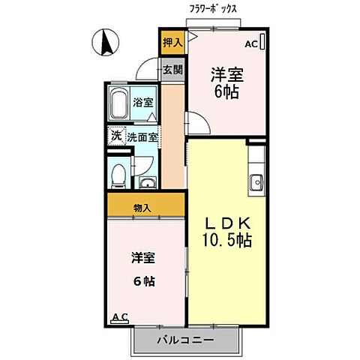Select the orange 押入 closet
tap(172, 43)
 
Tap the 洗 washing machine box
tap(116, 137)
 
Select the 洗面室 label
tap(142, 138)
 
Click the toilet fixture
tap(118, 175)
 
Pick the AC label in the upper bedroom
tap(251, 43)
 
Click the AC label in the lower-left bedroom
tap(119, 318)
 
